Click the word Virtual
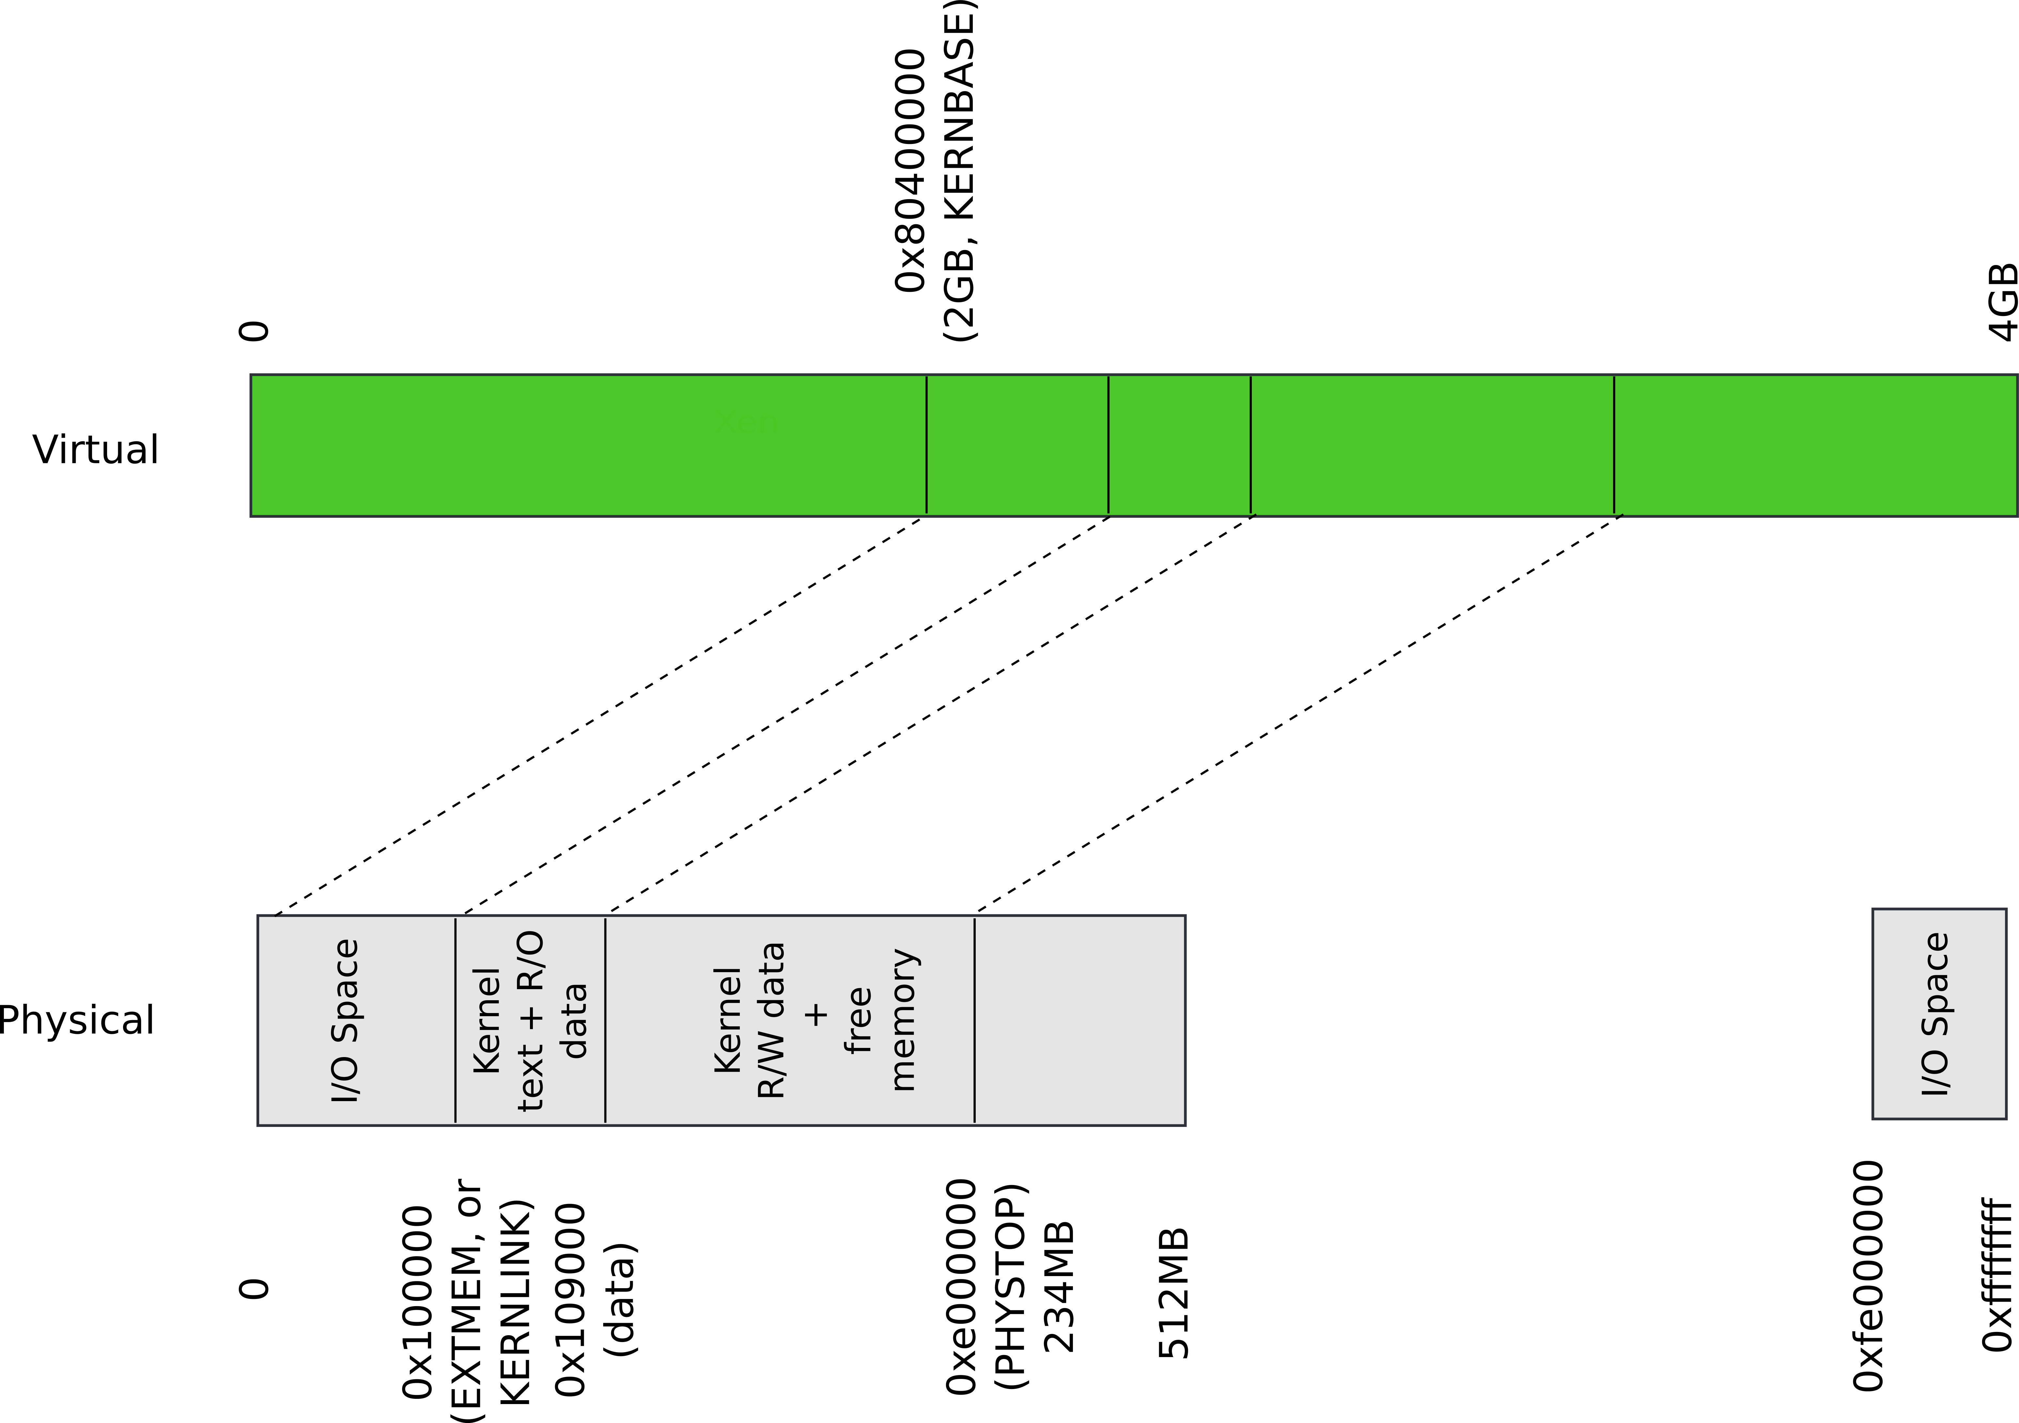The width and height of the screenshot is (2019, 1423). pos(96,450)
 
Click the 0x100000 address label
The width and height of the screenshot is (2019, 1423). pos(418,1302)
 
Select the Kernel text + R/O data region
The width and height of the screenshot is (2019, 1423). pos(530,1020)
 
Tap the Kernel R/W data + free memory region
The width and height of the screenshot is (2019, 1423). pos(790,1020)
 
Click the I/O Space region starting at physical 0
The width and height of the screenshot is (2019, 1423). pos(356,1020)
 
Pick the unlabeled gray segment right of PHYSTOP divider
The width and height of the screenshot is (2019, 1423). pos(1080,1020)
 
